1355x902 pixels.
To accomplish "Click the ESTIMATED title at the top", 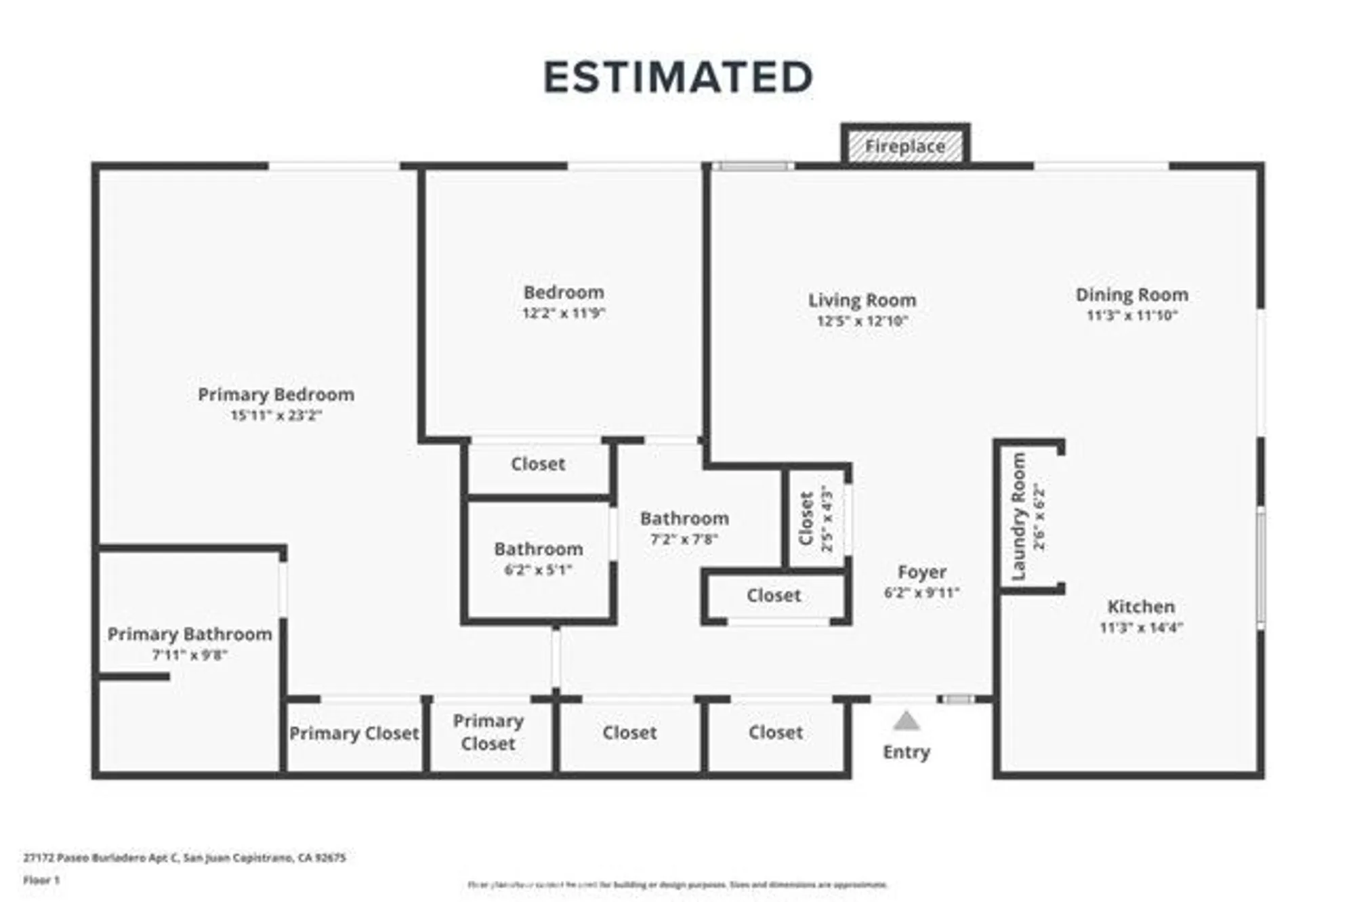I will pos(677,77).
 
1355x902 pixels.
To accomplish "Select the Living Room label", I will pos(862,300).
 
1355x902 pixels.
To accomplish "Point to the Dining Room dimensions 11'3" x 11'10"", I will pos(1132,316).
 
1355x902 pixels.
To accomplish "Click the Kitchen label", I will pos(1141,607).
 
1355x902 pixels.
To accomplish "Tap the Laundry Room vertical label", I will pos(1018,516).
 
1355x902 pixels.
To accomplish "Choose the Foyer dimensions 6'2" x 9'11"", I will pos(921,593).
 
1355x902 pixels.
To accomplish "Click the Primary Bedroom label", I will pos(276,394).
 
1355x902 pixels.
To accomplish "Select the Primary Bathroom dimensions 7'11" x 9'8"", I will pos(189,655).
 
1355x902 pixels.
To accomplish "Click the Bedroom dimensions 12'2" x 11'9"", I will pos(563,314).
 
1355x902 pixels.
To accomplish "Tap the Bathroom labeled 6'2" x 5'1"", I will pos(538,549).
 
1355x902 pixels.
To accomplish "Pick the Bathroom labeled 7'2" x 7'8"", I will pos(684,518).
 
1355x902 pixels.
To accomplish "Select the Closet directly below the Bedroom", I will pos(538,464).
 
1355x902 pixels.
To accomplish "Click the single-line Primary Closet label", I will pos(354,733).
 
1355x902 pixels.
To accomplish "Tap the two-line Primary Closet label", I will pos(488,732).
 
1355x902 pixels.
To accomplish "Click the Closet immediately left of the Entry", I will pos(775,733).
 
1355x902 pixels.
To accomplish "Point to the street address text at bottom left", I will pos(184,858).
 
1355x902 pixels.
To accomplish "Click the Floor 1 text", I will pos(41,880).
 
